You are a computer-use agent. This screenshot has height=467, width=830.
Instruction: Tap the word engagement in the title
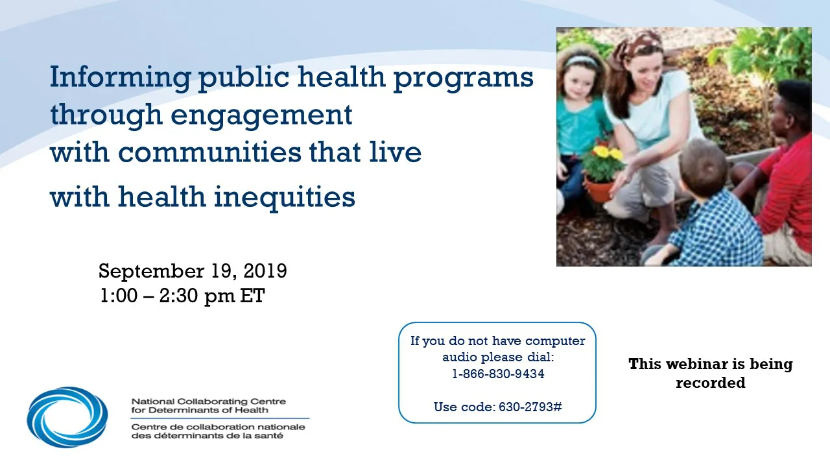point(261,115)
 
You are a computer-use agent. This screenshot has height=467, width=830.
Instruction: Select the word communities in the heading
point(209,152)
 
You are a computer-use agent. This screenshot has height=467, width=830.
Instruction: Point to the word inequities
point(285,197)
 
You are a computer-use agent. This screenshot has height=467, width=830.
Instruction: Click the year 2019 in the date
point(265,271)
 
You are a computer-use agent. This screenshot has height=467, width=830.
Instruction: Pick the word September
point(151,272)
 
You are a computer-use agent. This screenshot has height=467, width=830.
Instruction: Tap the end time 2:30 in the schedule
point(178,296)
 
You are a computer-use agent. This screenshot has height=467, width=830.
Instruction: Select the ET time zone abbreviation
point(252,296)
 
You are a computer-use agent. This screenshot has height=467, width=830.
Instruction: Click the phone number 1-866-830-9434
point(498,374)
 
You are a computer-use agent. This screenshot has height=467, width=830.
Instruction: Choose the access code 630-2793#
point(530,407)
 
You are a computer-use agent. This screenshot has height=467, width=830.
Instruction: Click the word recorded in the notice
point(710,383)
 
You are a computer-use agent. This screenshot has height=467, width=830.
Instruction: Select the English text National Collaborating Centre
point(209,401)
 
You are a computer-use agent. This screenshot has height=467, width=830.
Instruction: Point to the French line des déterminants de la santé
point(207,436)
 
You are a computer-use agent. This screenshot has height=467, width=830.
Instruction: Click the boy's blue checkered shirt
point(709,230)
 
